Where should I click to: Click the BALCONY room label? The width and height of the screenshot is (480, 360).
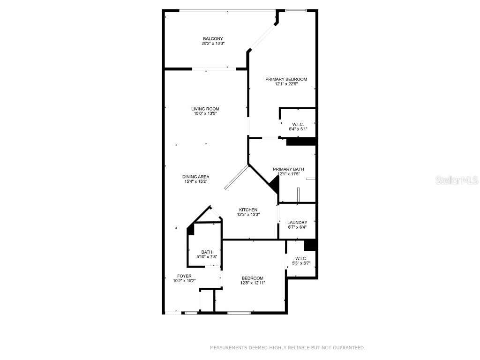coord(213,38)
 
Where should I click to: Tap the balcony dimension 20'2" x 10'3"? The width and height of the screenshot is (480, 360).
coord(213,44)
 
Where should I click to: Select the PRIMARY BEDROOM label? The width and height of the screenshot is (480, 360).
coord(286,79)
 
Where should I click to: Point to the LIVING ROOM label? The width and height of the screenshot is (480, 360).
coord(205,109)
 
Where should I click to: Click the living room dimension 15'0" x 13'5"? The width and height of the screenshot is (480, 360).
coord(205,113)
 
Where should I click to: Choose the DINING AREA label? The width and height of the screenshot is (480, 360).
coord(195,177)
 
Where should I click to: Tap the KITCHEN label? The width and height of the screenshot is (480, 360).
coord(248,210)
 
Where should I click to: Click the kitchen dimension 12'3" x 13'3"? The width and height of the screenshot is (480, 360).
coord(248,215)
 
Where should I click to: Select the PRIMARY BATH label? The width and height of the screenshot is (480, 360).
coord(288,169)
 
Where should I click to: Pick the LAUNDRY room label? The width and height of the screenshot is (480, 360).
coord(297,223)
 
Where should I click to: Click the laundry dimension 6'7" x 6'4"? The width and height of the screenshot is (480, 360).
coord(297,228)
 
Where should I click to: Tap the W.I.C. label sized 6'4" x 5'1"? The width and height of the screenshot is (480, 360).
coord(297,124)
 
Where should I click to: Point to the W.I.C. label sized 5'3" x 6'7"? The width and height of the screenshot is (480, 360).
coord(300,258)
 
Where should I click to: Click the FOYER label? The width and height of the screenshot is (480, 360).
coord(184,276)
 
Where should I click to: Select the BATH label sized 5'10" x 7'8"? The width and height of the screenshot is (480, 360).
coord(207,252)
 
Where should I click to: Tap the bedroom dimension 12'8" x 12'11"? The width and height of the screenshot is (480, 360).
coord(253,283)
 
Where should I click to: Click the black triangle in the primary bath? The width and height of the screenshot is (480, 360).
coord(275,186)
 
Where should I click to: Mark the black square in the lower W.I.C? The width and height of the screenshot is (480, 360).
coord(310,245)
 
